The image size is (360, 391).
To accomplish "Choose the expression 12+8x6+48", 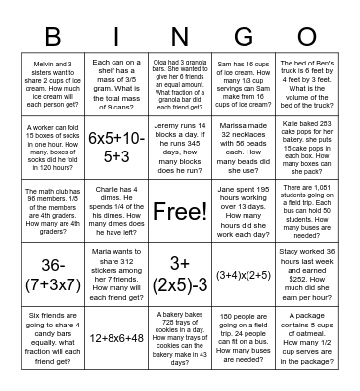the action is click(115, 337).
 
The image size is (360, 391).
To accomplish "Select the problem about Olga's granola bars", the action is click(180, 84).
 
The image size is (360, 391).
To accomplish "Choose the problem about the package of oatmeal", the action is click(310, 337).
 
